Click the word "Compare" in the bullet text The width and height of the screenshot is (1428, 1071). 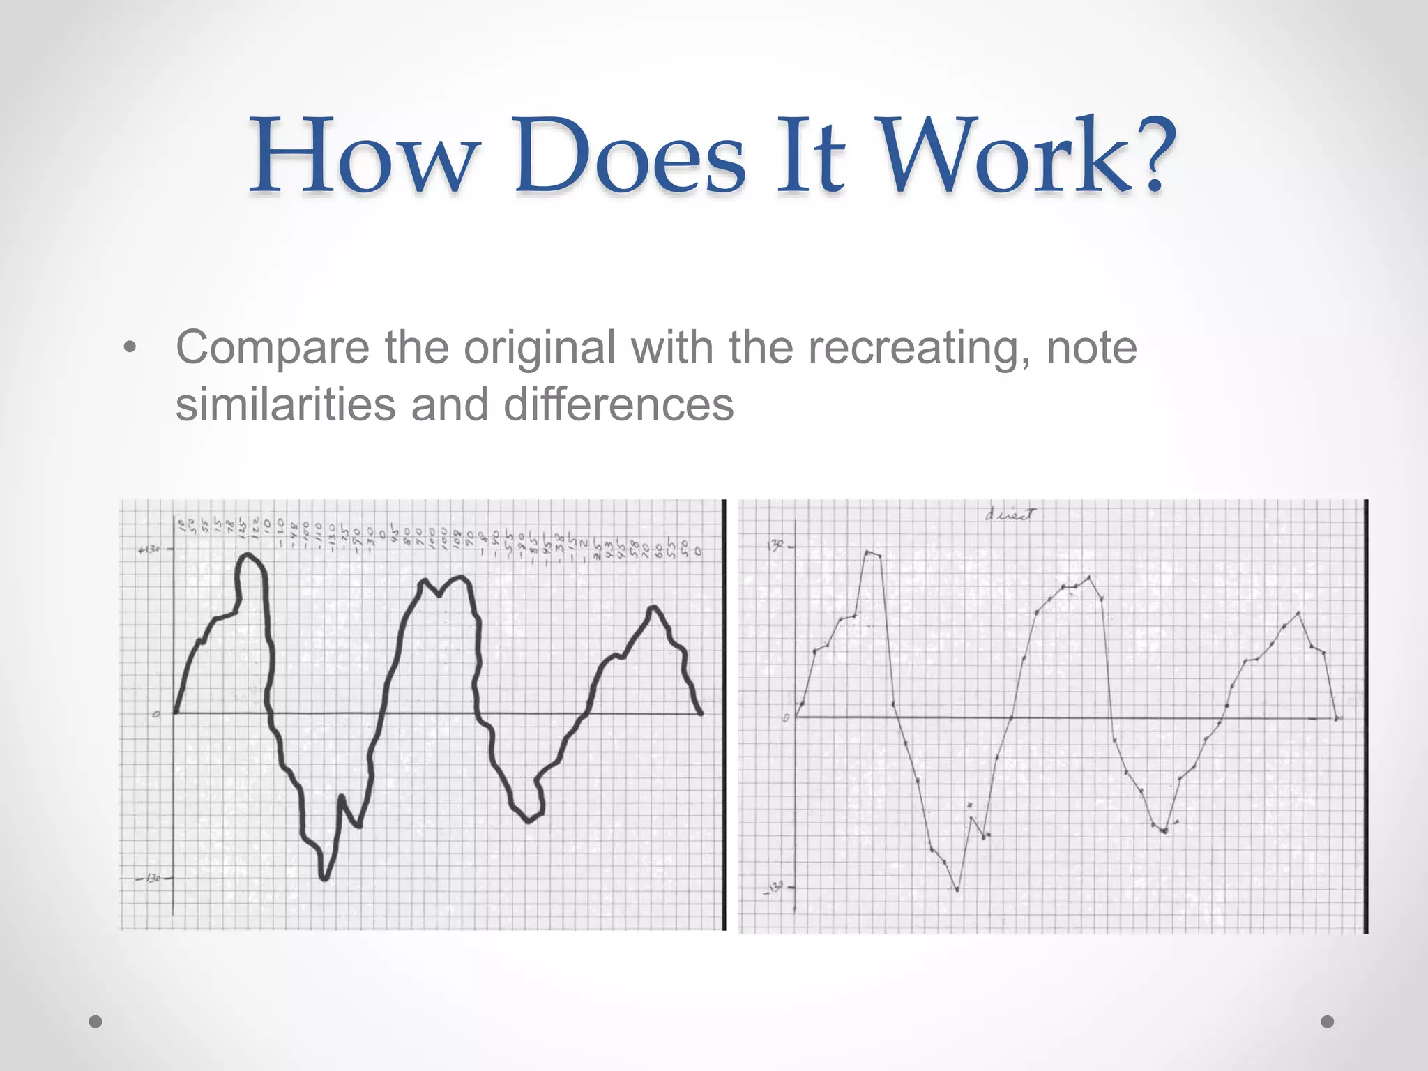pos(273,348)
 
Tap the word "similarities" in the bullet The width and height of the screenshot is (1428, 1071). pos(285,404)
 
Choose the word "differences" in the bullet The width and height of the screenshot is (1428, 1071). pos(618,404)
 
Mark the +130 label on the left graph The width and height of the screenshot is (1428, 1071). pos(149,549)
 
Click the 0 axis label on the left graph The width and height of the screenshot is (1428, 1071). pos(157,713)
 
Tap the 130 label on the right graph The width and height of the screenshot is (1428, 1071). pos(775,545)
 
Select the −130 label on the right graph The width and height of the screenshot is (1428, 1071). pos(775,888)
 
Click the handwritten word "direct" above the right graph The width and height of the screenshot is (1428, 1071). pos(1010,515)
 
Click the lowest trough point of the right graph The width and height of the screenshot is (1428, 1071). pos(957,890)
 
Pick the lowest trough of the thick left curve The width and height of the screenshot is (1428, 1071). pos(324,878)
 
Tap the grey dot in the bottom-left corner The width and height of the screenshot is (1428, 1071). pos(96,1021)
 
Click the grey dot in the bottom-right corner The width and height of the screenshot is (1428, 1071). pos(1328,1021)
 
